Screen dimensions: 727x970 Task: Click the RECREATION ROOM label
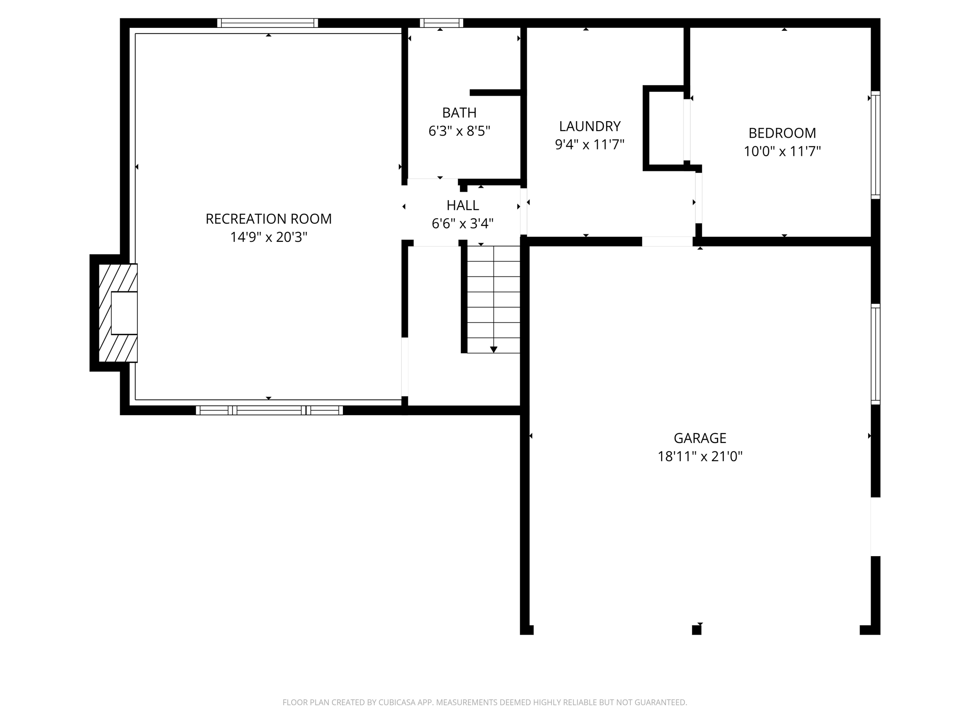point(269,219)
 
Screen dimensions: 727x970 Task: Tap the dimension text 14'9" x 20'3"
point(269,237)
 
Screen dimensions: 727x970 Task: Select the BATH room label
point(459,113)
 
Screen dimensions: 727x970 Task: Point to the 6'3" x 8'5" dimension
point(459,131)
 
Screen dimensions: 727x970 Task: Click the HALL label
point(463,205)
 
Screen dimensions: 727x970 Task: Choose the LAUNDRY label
point(590,126)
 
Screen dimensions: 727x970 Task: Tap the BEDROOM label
point(782,133)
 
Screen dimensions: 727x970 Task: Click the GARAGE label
point(700,438)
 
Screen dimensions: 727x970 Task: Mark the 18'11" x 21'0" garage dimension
point(700,457)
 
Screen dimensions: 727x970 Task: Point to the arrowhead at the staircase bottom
point(494,350)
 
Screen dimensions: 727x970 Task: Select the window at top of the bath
point(441,23)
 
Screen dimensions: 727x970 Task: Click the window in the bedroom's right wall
point(876,145)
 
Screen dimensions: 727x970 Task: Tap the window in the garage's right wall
point(876,354)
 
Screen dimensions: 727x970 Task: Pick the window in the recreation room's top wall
point(268,23)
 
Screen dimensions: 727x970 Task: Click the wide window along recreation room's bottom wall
point(269,410)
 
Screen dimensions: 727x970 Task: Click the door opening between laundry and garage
point(667,241)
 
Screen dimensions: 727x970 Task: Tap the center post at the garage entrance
point(696,629)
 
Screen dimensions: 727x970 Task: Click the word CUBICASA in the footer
point(397,702)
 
